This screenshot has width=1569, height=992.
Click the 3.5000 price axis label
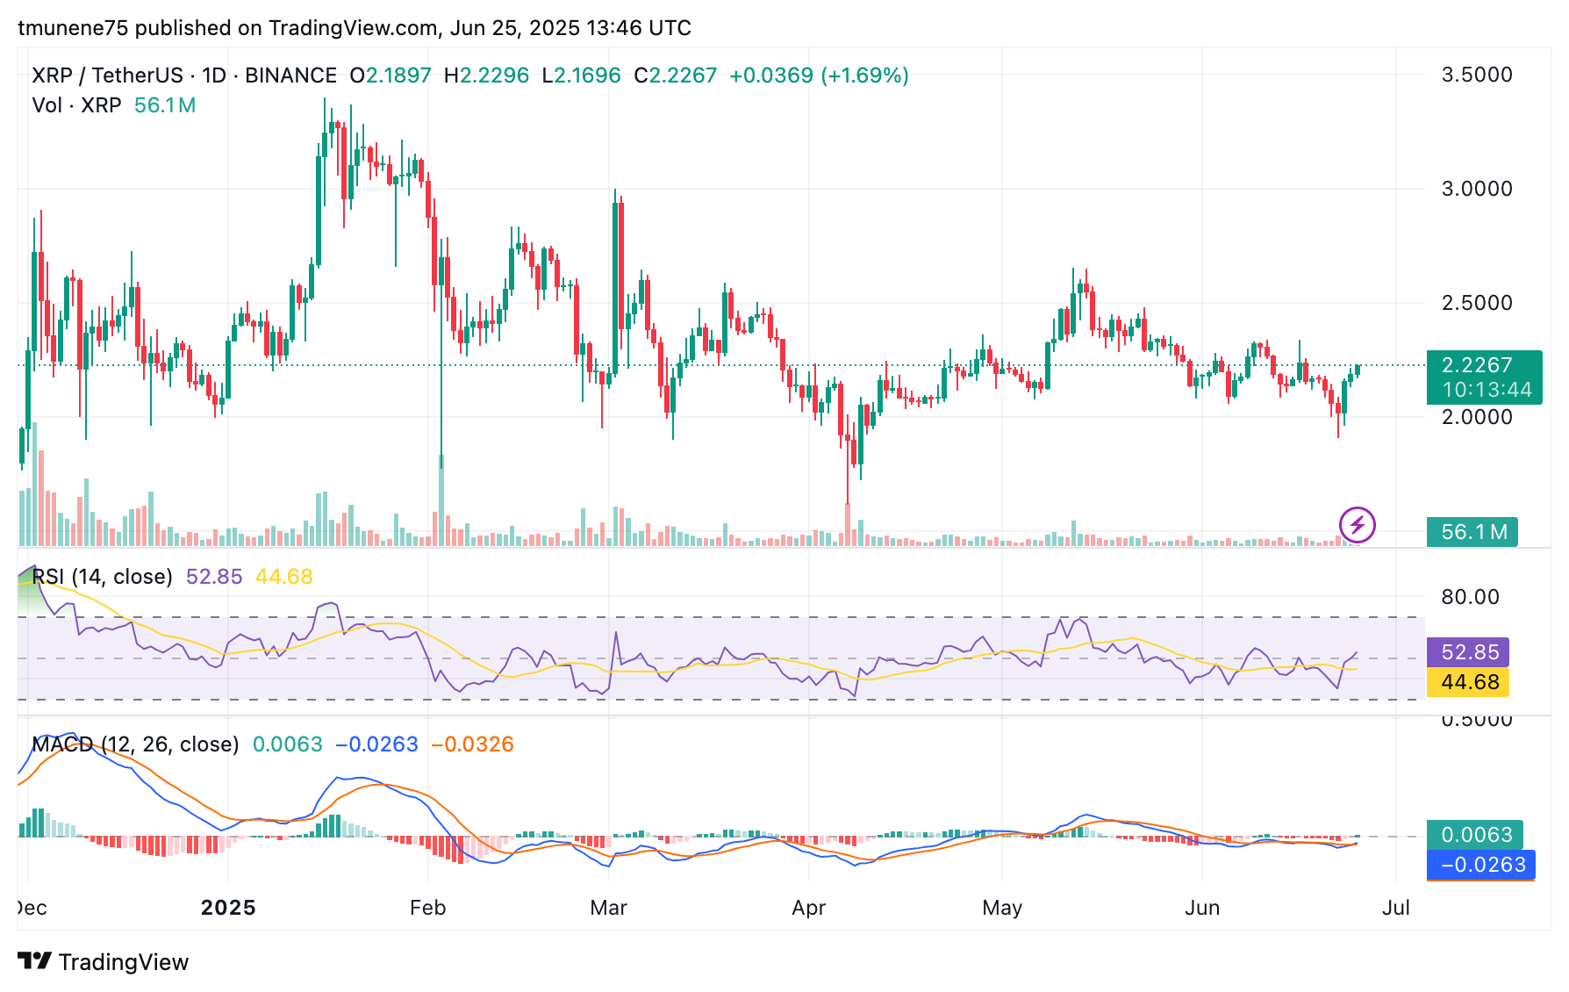coord(1477,75)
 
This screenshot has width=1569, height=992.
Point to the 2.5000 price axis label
coord(1477,303)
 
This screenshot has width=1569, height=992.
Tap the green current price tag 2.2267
coord(1483,365)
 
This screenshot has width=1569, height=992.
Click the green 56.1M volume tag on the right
coord(1472,532)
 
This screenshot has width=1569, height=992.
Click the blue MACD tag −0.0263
coord(1482,865)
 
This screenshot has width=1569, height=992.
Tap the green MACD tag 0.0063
coord(1476,835)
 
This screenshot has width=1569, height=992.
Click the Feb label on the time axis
coord(428,908)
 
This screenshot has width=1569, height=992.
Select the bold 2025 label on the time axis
coord(228,908)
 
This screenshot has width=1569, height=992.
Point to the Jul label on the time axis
coord(1395,908)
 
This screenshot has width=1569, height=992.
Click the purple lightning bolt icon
coord(1358,525)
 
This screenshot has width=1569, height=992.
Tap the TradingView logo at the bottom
coord(104,962)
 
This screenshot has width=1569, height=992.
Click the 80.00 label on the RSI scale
coord(1470,597)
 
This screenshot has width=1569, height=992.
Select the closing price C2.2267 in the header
coord(676,75)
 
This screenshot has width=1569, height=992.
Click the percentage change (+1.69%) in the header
coord(864,75)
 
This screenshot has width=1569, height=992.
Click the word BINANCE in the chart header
coord(290,75)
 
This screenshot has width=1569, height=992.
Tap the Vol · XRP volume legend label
coord(76,105)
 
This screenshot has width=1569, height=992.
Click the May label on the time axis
coord(1002,908)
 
